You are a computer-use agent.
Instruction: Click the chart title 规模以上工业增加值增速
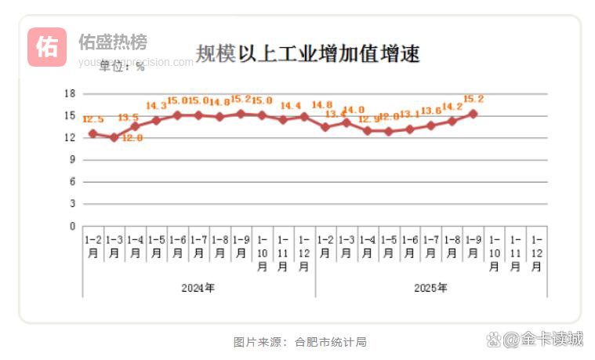(x=307, y=53)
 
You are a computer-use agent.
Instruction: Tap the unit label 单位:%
(x=122, y=67)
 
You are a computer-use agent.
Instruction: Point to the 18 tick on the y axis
(x=69, y=93)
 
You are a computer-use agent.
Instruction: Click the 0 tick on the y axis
(x=71, y=226)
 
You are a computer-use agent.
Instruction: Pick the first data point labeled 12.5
(x=93, y=133)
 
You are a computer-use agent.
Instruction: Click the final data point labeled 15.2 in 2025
(x=473, y=114)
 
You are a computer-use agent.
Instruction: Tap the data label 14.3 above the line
(x=156, y=106)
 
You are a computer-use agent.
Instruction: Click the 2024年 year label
(x=198, y=288)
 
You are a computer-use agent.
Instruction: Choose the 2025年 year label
(x=430, y=288)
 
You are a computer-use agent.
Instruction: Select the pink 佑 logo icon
(x=47, y=47)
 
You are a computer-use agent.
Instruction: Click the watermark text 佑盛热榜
(x=112, y=42)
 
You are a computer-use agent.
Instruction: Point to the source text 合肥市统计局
(x=331, y=342)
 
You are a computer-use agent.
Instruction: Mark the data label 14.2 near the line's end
(x=452, y=107)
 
